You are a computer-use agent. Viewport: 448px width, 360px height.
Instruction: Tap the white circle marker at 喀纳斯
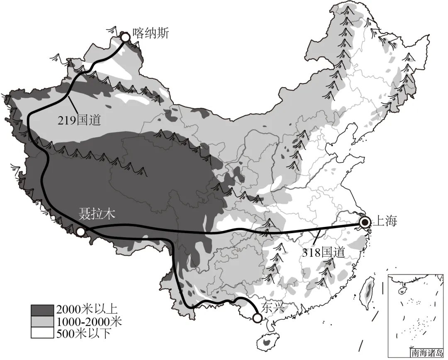coord(125,37)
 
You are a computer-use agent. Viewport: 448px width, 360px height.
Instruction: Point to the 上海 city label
coord(385,221)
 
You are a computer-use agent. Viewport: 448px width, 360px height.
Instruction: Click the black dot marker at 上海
coord(365,223)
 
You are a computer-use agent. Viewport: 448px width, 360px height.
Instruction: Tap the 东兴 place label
coord(274,307)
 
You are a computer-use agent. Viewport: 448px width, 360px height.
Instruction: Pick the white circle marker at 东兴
coord(258,318)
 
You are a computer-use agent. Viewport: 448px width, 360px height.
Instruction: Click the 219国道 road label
coord(79,120)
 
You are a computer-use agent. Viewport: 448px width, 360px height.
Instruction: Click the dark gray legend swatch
coord(42,309)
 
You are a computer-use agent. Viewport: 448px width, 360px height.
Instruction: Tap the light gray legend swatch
coord(42,321)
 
